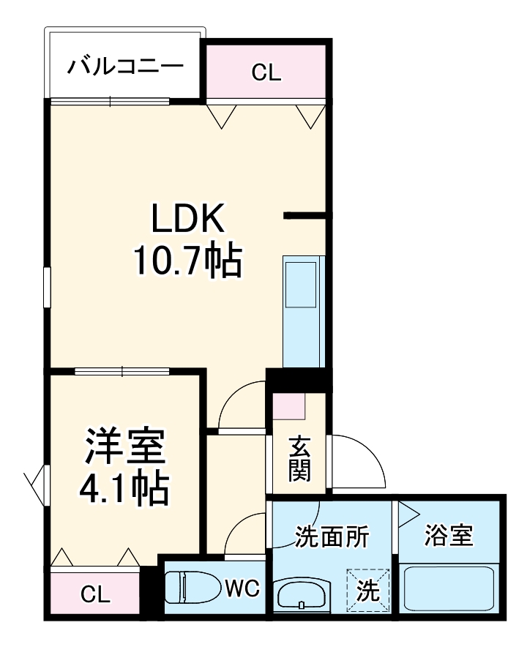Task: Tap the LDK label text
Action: click(x=187, y=219)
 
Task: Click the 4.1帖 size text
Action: click(x=124, y=489)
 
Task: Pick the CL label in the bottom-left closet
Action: click(x=95, y=593)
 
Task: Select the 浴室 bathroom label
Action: click(x=449, y=536)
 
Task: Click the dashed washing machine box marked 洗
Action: click(x=369, y=589)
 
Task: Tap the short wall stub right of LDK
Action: click(x=307, y=215)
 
